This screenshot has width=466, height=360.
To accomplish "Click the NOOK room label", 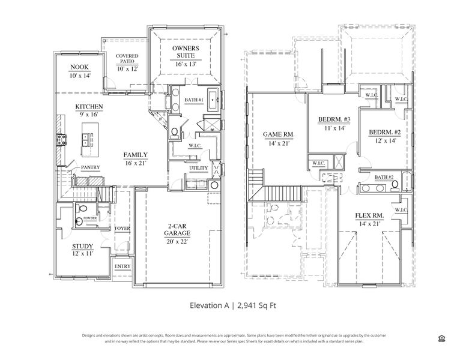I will tap(79, 67).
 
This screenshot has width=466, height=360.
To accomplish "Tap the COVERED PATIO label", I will tap(127, 58).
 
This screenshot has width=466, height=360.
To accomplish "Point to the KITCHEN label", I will tap(89, 107).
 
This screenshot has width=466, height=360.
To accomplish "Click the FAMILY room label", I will tap(136, 155).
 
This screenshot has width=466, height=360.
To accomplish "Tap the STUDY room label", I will tap(82, 247).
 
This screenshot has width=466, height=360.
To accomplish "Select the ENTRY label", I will tap(122, 266).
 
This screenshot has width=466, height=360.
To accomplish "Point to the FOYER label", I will tap(123, 229).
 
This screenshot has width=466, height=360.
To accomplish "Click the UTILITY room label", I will tap(198, 169).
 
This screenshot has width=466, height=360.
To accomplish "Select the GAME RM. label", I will tap(277, 134).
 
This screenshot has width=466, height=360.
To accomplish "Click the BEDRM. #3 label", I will tap(334, 120).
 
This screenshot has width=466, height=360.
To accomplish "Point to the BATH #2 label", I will tap(384, 178).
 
